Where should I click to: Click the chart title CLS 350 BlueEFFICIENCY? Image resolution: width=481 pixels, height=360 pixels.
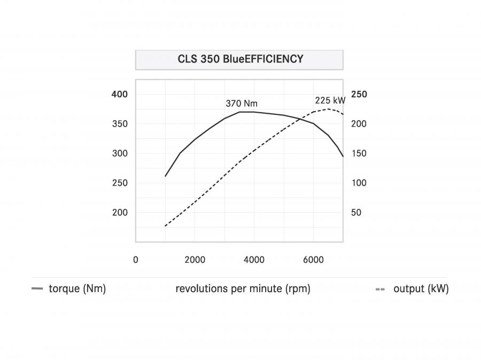click(241, 59)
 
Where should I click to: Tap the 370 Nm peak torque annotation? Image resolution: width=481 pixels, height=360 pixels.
click(242, 103)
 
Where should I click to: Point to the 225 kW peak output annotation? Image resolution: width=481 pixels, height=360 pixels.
click(330, 100)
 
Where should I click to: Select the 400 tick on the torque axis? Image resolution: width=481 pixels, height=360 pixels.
click(119, 94)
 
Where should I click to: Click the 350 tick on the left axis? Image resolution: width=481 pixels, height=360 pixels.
click(120, 124)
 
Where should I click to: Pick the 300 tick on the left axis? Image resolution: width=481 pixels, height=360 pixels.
click(120, 153)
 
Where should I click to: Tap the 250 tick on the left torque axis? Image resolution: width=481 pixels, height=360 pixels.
click(120, 183)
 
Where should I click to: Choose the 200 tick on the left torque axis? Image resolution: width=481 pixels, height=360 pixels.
click(120, 212)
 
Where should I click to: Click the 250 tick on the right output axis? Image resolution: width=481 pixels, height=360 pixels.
click(359, 94)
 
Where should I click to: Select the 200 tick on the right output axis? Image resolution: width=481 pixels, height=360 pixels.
click(359, 124)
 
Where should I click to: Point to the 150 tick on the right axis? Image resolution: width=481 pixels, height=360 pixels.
click(359, 153)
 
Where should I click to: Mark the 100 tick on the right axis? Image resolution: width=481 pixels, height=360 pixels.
click(359, 183)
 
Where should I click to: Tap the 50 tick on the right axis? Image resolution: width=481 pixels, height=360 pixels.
click(356, 212)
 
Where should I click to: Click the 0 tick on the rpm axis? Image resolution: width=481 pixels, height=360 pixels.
click(136, 260)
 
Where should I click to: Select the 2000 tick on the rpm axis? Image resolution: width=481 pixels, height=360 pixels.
click(195, 260)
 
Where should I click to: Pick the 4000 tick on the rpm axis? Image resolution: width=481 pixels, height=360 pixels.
click(254, 260)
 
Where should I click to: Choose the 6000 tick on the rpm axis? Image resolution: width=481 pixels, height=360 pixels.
click(313, 260)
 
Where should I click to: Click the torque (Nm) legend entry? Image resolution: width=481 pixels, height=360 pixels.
click(69, 288)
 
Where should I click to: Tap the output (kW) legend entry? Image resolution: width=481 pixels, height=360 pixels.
click(412, 288)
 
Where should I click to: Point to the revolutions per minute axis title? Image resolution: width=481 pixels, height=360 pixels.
click(243, 288)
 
